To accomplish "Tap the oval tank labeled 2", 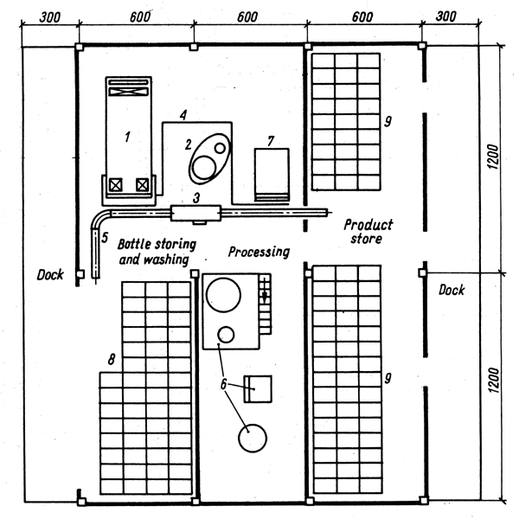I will [209, 158].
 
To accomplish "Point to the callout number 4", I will [183, 114].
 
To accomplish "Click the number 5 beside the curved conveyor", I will [105, 236].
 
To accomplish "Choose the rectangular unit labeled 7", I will [271, 173].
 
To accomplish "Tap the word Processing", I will [258, 252].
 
